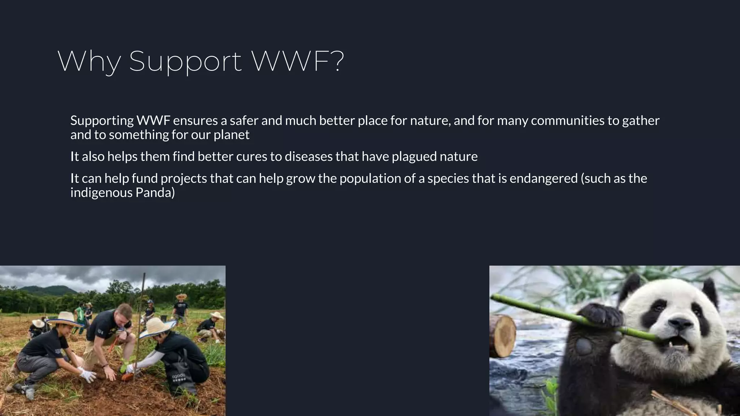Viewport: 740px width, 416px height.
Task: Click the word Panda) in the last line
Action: [155, 193]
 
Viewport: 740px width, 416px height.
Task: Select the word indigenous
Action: [102, 193]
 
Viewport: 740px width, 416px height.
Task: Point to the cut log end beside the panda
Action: [503, 336]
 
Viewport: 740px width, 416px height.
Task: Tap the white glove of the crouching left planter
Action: [87, 374]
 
